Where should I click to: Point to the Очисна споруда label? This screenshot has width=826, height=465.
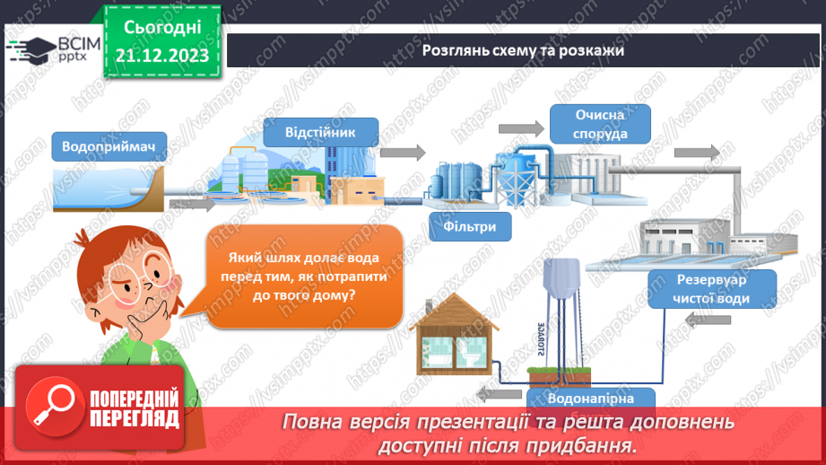coord(600,125)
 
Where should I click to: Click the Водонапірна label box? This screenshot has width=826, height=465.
coord(590,399)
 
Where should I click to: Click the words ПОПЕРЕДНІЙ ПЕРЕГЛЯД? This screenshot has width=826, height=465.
coord(135,409)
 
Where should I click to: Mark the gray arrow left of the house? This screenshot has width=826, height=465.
coord(490,392)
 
